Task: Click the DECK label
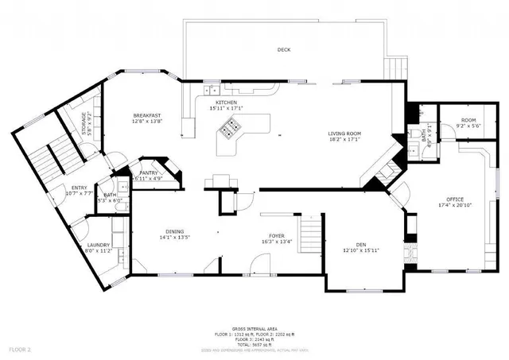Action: tap(284, 50)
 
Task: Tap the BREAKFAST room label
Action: tap(147, 116)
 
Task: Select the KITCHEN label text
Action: tap(226, 103)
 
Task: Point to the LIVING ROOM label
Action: tap(345, 134)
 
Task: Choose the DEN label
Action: tap(360, 245)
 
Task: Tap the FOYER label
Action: tap(277, 236)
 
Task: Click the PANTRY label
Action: tap(149, 172)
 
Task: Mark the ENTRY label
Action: tap(79, 188)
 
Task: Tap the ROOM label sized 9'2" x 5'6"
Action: tap(468, 120)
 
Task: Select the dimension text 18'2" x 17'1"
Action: tap(345, 139)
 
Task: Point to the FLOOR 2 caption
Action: tap(19, 350)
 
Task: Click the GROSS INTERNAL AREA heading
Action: tap(254, 328)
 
